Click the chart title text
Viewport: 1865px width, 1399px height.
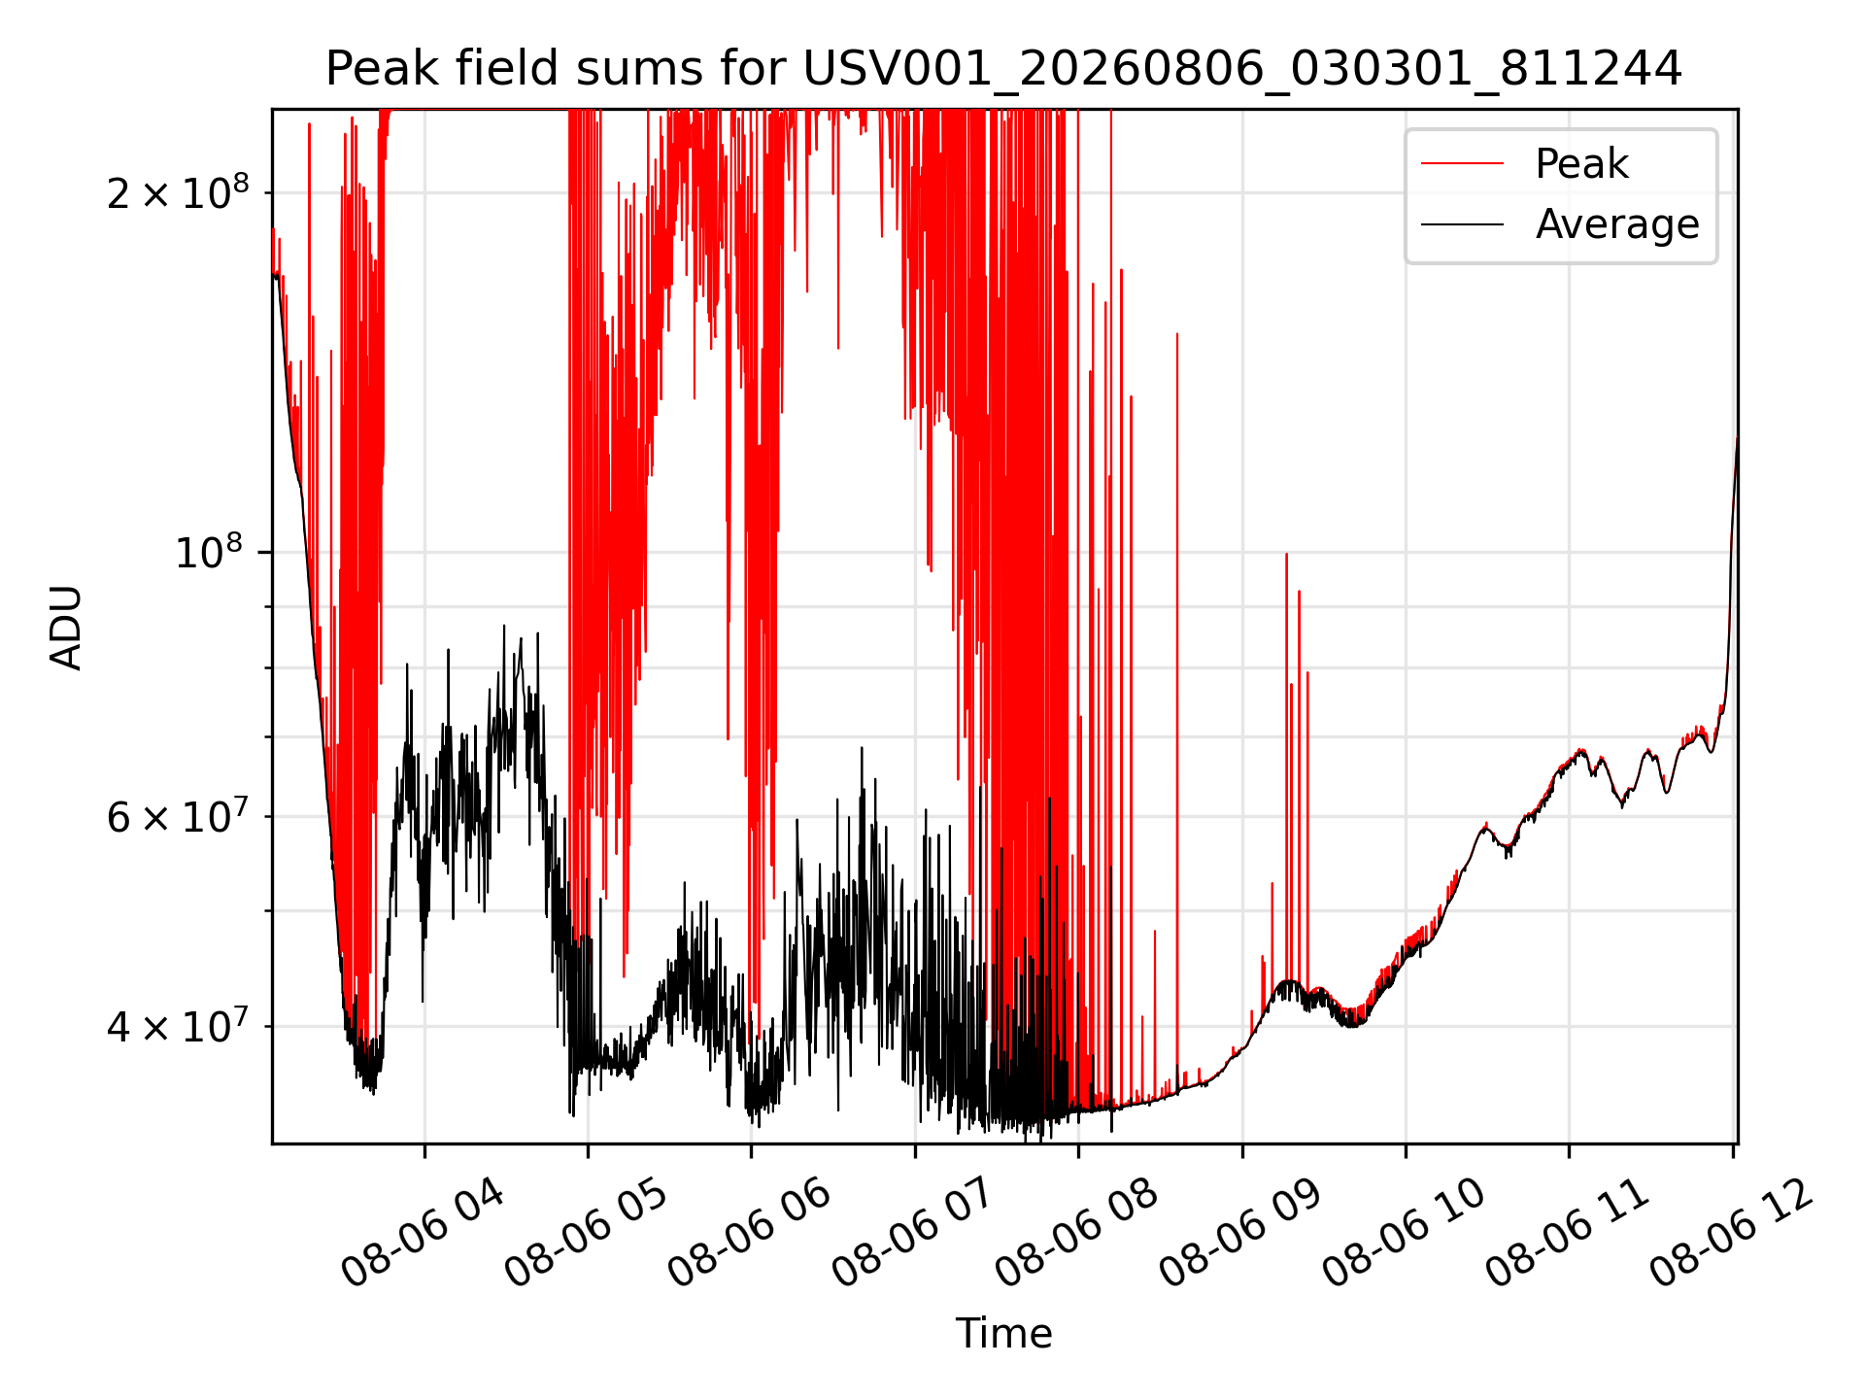(x=1003, y=69)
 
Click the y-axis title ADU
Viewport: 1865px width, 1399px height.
(x=66, y=628)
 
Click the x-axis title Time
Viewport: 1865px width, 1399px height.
(x=1003, y=1334)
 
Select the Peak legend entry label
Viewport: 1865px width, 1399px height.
(x=1581, y=164)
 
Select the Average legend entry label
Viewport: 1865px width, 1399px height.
(x=1617, y=224)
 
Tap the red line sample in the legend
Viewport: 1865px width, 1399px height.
(x=1462, y=164)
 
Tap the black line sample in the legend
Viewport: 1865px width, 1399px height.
(x=1462, y=224)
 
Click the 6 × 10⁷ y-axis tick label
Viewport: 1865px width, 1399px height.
(x=178, y=815)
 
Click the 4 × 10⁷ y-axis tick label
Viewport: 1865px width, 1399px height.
(x=178, y=1024)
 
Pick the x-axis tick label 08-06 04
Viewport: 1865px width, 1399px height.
(x=424, y=1234)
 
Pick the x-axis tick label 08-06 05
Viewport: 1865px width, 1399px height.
(x=587, y=1234)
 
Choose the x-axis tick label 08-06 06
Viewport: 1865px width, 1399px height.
(x=750, y=1234)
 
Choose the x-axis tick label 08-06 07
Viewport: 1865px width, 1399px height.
(x=914, y=1234)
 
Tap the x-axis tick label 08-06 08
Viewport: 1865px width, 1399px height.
(x=1077, y=1234)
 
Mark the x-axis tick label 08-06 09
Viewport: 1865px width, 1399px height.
(x=1241, y=1234)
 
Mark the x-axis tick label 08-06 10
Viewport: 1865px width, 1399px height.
(x=1405, y=1234)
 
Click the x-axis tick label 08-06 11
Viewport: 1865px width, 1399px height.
(x=1568, y=1234)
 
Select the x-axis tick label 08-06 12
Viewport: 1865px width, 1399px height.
(x=1732, y=1234)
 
